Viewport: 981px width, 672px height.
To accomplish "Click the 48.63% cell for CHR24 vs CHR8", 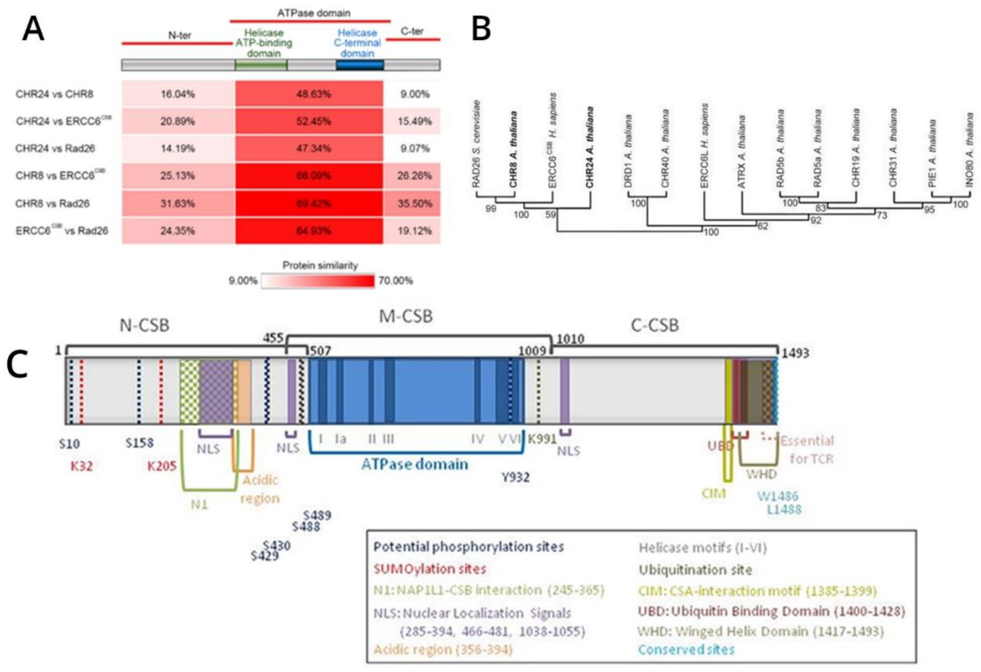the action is coord(313,94).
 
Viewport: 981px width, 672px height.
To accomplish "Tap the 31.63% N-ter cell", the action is coord(177,204).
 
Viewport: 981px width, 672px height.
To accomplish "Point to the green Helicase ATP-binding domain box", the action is coord(261,65).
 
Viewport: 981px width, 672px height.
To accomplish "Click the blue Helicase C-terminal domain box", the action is coord(360,65).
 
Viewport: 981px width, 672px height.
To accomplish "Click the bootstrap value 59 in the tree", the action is coord(550,215).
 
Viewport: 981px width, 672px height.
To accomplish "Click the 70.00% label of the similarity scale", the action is coord(395,281).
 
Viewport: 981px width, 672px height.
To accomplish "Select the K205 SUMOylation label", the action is coord(161,467).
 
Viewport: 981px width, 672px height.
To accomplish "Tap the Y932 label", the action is coord(515,477).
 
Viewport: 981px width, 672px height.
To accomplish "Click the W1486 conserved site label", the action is coord(777,496).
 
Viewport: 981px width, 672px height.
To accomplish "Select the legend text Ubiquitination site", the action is coord(695,570).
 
